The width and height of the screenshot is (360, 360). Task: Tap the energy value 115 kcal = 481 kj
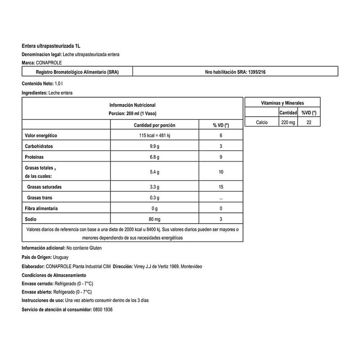[154, 135]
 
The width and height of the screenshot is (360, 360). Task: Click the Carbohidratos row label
[38, 147]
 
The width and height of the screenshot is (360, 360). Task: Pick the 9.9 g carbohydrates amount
[154, 147]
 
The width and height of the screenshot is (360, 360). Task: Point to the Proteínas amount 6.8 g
[154, 157]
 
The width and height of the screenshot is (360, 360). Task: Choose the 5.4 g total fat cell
[154, 172]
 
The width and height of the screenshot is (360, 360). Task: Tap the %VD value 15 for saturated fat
[220, 186]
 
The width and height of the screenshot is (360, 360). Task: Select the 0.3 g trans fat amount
[154, 198]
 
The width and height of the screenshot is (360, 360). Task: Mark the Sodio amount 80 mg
[154, 219]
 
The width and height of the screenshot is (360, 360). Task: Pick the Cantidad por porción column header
[154, 125]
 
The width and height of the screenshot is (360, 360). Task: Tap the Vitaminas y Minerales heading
[283, 103]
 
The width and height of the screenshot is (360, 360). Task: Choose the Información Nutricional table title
[132, 105]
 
